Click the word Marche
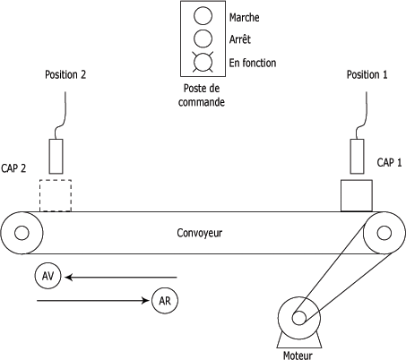(x=244, y=18)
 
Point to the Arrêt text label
(x=239, y=39)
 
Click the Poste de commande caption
(x=202, y=95)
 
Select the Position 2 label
(x=65, y=74)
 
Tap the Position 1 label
(x=367, y=74)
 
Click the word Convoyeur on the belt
(x=200, y=233)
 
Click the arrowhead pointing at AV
(x=69, y=278)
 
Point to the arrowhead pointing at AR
(x=145, y=300)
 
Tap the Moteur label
(x=298, y=356)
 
